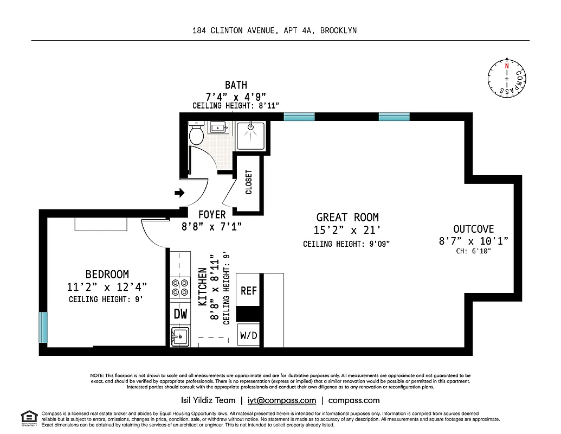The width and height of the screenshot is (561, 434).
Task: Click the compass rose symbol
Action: point(507,79)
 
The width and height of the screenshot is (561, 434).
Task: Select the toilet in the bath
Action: point(196,132)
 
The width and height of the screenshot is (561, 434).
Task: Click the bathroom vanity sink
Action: point(220,128)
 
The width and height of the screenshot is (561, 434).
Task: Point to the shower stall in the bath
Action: point(250,135)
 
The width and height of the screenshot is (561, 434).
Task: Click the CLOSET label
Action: point(249,182)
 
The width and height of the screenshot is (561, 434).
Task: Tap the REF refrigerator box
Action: point(248,291)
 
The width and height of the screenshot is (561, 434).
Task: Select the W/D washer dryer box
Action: point(248,335)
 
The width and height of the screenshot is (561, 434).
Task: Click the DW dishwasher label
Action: point(180,314)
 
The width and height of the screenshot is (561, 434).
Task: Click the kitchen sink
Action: point(180,336)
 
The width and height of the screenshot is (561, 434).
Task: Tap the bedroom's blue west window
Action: point(43,327)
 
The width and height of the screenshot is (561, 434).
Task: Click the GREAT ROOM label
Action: point(347,218)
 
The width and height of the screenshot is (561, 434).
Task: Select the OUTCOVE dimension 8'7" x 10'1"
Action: point(474,241)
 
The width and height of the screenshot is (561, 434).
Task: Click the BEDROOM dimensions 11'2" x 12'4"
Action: point(107,286)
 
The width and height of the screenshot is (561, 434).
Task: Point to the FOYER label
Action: point(211,214)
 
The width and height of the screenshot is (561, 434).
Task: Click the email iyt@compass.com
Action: point(281,400)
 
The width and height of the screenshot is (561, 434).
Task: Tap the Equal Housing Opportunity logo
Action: point(29,417)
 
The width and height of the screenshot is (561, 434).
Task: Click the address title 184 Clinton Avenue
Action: point(274,30)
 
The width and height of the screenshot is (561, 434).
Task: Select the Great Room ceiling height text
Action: point(346,244)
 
